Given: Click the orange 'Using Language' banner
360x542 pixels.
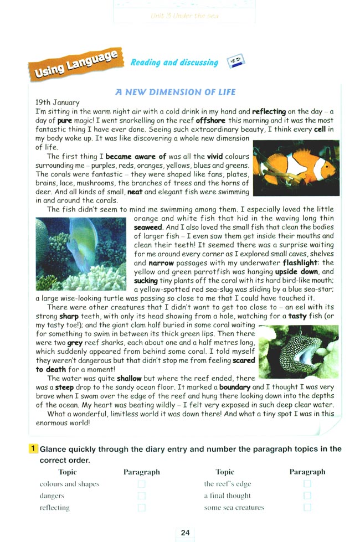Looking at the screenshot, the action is tap(76, 64).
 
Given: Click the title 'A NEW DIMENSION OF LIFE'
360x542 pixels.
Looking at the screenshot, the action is tap(176, 92).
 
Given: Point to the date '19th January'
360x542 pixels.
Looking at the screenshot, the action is tap(57, 102).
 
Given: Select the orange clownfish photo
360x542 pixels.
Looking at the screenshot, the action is tap(296, 168).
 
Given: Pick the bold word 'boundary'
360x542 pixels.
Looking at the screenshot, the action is tap(234, 388).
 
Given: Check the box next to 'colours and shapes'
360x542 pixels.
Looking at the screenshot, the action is tap(142, 484).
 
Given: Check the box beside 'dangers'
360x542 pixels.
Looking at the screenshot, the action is tap(142, 495).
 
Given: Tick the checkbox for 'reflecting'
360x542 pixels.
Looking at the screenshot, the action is tap(142, 507).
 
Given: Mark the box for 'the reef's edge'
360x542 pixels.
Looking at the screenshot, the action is tap(307, 484).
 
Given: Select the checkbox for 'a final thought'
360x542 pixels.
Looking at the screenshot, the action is tap(307, 495).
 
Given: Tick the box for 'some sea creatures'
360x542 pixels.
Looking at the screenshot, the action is tap(307, 507).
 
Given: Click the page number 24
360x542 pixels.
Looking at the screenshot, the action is tap(185, 532).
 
